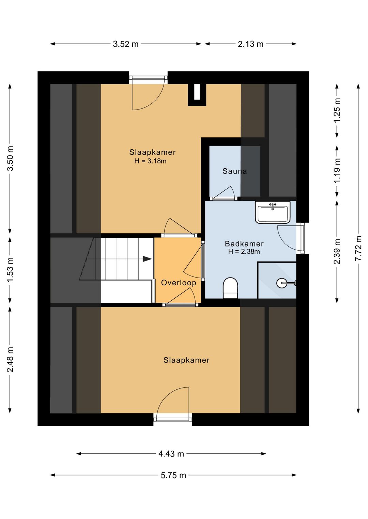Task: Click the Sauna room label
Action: pyautogui.click(x=234, y=171)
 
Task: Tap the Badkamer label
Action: pyautogui.click(x=244, y=244)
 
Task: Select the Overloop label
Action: pyautogui.click(x=179, y=283)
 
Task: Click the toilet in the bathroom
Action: pyautogui.click(x=230, y=288)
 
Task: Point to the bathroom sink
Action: pyautogui.click(x=273, y=212)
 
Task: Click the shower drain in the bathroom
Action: pyautogui.click(x=282, y=283)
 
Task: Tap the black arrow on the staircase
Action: pyautogui.click(x=147, y=259)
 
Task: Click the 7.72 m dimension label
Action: pyautogui.click(x=358, y=248)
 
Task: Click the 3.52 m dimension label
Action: pyautogui.click(x=126, y=44)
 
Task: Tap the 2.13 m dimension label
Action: pyautogui.click(x=250, y=44)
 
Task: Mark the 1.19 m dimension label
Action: pyautogui.click(x=337, y=170)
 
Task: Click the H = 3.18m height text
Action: pyautogui.click(x=150, y=161)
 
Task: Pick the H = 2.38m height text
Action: pyautogui.click(x=244, y=251)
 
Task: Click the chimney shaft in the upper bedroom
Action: pyautogui.click(x=197, y=95)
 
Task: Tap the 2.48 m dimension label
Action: pyautogui.click(x=10, y=359)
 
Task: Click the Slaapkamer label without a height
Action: pyautogui.click(x=186, y=360)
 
